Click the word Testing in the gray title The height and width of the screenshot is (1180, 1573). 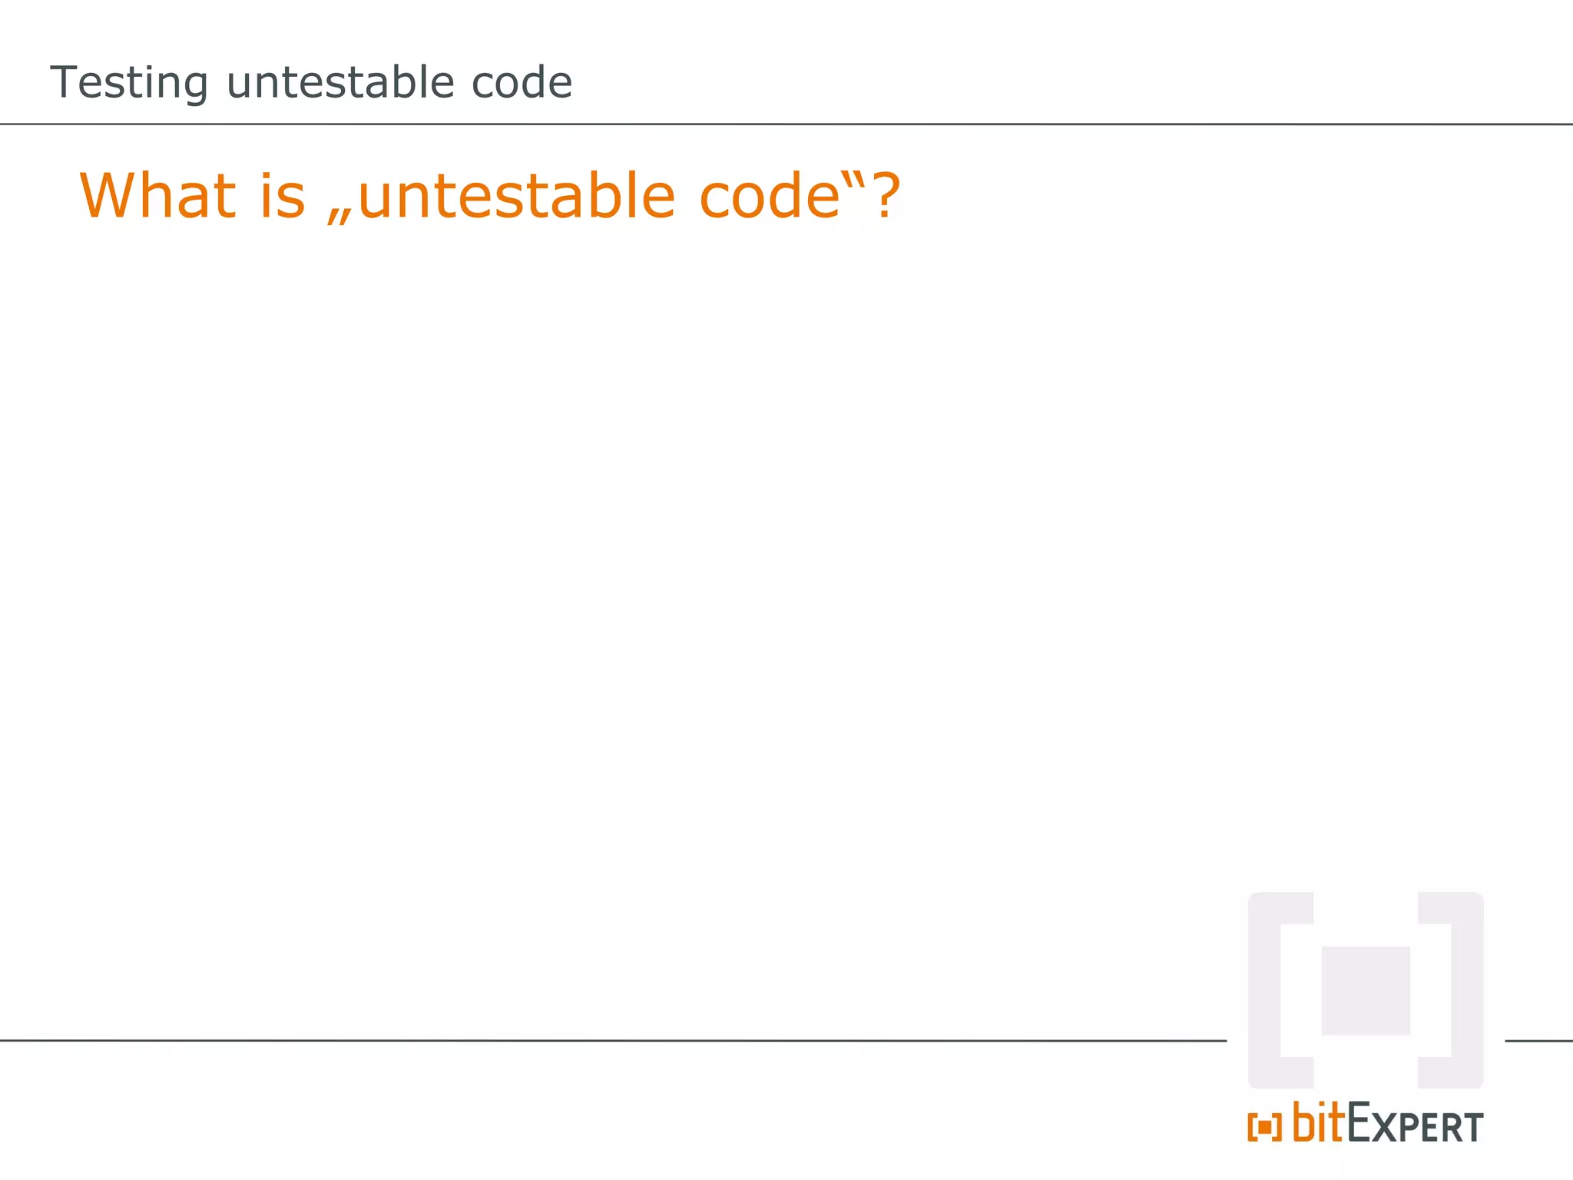(x=128, y=83)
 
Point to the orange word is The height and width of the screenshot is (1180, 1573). (x=283, y=197)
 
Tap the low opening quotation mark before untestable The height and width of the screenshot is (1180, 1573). (x=339, y=216)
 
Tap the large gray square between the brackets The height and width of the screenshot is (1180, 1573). (x=1366, y=990)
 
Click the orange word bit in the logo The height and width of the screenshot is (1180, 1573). (x=1316, y=1123)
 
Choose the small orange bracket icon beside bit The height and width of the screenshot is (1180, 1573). (x=1264, y=1128)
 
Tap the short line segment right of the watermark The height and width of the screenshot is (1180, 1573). (x=1538, y=1041)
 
